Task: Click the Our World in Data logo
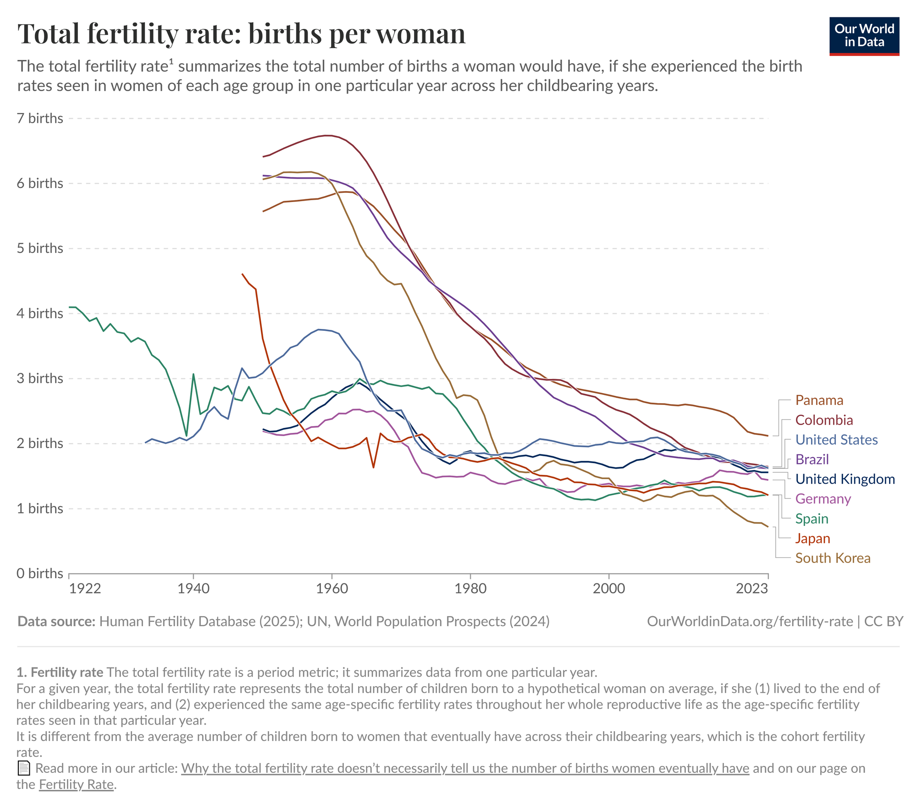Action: (x=864, y=36)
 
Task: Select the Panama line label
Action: (x=819, y=400)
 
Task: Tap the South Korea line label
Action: (x=832, y=558)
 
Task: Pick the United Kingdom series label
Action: (x=845, y=479)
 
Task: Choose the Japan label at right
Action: (x=812, y=538)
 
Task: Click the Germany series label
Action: (x=823, y=499)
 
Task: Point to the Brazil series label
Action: (x=812, y=459)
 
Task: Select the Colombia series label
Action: (x=824, y=420)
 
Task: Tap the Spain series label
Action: (x=812, y=519)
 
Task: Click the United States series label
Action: (x=836, y=440)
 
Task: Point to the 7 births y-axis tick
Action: (x=40, y=118)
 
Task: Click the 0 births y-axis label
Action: (x=40, y=574)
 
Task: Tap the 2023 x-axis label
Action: (x=751, y=588)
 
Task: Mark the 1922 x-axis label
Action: (x=85, y=588)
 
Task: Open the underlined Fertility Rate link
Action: (x=76, y=784)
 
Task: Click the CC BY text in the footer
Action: (x=883, y=621)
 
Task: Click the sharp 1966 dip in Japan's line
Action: (x=374, y=468)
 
